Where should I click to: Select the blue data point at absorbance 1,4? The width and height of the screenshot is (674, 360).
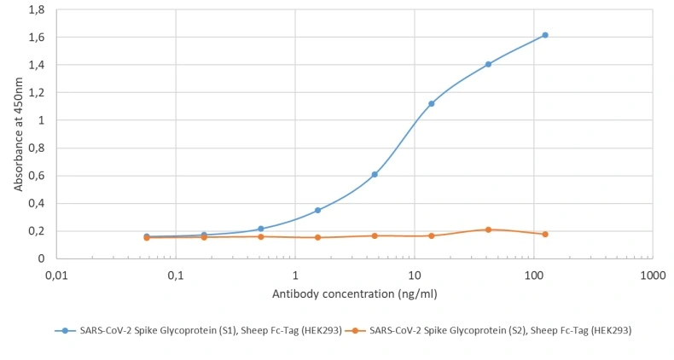(488, 64)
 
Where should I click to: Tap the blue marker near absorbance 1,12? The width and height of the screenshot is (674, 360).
(432, 103)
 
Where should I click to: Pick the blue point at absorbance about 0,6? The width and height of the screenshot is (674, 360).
(375, 174)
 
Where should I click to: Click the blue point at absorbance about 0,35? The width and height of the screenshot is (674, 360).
(317, 210)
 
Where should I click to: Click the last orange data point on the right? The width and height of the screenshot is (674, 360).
(545, 234)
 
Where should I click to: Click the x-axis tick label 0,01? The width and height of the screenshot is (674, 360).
(56, 276)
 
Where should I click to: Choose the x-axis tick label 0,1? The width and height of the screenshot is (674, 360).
(176, 276)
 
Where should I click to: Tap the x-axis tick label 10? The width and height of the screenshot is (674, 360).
(415, 276)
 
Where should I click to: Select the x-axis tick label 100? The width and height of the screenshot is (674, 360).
(533, 276)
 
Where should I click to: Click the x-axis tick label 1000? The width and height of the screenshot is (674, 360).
(653, 276)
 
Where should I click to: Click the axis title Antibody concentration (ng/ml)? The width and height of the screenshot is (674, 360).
(354, 294)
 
